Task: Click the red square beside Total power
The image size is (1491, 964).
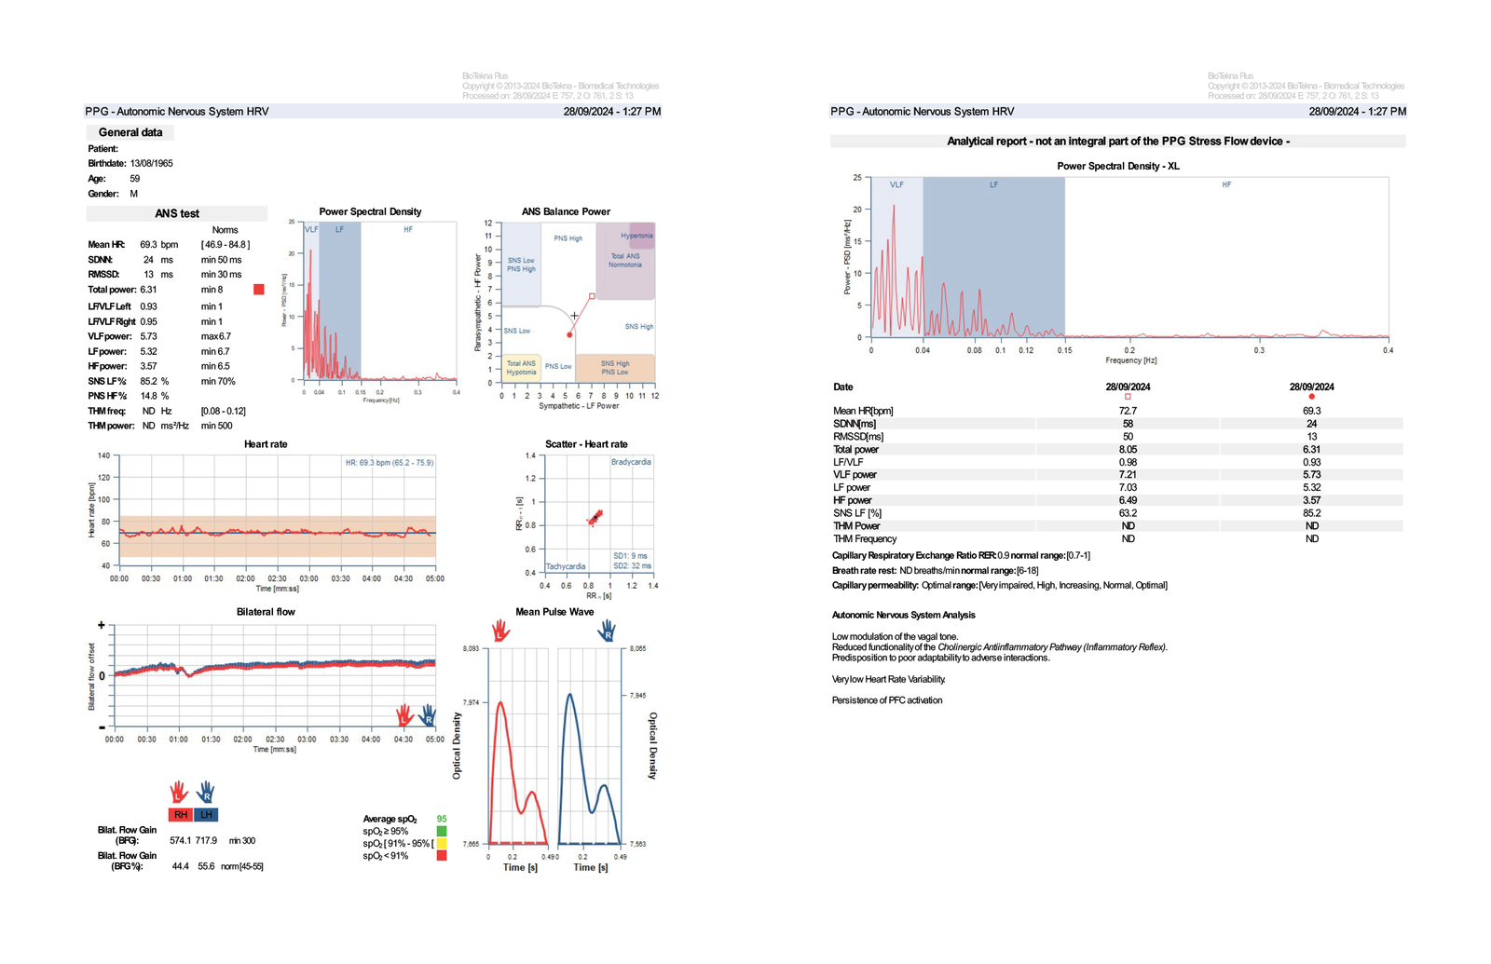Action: point(259,290)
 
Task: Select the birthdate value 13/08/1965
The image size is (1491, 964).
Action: point(151,163)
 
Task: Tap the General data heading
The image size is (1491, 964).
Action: point(130,132)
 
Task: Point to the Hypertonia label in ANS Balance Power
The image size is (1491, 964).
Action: point(636,236)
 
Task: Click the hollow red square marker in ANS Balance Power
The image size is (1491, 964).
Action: point(592,296)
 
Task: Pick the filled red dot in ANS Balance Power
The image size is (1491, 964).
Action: point(569,334)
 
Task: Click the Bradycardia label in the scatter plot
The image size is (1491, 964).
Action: point(631,462)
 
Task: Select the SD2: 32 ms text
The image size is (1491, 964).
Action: point(632,566)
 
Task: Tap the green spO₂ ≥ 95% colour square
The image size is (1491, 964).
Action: point(442,831)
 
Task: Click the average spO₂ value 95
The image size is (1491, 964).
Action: point(442,819)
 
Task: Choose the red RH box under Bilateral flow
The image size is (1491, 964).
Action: point(181,815)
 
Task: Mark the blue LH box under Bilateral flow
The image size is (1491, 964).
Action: point(206,815)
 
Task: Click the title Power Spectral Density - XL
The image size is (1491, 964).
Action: point(1117,166)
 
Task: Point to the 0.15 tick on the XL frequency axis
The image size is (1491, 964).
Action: point(1064,350)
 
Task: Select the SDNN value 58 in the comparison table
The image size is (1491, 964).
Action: point(1128,424)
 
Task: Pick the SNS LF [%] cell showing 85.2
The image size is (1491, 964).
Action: point(1311,513)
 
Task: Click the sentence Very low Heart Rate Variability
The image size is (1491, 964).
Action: point(888,679)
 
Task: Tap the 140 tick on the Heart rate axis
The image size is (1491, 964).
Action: point(103,455)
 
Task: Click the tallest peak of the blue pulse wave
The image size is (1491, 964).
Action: point(569,694)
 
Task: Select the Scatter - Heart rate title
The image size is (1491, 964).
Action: point(586,444)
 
